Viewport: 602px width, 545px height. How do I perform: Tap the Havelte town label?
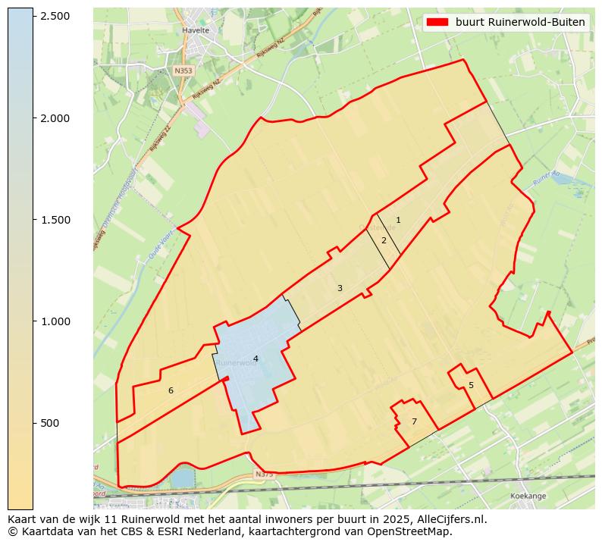(196, 31)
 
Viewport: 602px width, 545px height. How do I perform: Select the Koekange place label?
(528, 495)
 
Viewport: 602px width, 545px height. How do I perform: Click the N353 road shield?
(183, 70)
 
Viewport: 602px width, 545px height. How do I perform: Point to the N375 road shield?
(263, 475)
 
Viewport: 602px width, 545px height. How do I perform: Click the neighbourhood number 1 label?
(398, 221)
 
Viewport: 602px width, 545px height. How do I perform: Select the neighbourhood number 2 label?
(384, 241)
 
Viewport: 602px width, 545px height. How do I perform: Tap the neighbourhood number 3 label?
(340, 289)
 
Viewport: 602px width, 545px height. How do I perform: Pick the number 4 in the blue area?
(256, 359)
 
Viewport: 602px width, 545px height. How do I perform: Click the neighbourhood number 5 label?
(471, 386)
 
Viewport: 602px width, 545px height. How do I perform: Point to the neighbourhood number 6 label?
(171, 391)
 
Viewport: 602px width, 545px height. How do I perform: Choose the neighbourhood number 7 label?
(414, 422)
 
